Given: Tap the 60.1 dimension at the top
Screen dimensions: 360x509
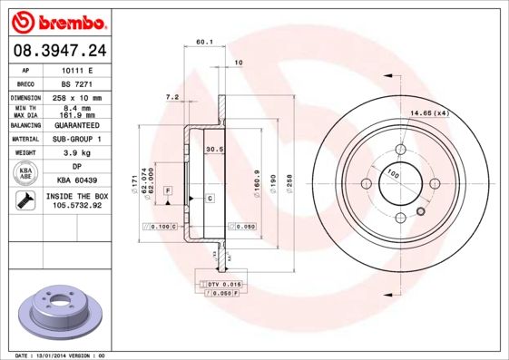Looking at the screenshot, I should point(204,42).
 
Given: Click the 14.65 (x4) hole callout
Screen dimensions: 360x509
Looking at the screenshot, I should point(430,113).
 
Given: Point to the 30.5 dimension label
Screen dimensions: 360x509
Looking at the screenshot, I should point(214,149).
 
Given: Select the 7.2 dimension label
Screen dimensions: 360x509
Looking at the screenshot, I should point(171,96).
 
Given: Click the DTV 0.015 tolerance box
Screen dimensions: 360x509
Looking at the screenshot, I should point(220,285).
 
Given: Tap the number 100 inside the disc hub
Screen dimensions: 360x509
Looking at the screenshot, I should point(393,172).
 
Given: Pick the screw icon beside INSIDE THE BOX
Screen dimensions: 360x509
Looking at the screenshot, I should point(24,200).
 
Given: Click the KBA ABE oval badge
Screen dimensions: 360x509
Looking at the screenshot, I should point(26,174).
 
